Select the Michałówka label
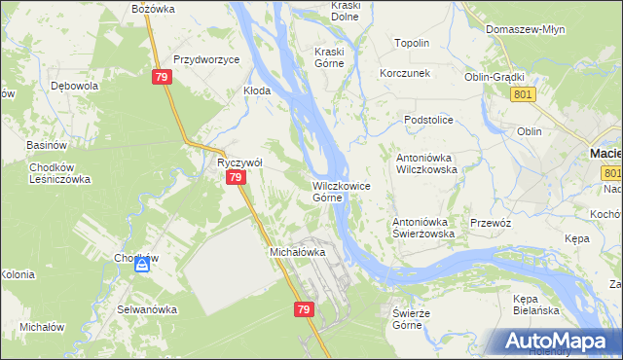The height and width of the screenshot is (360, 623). click(296, 251)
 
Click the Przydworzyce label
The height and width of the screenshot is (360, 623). click(206, 59)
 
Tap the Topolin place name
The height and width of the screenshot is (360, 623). click(412, 44)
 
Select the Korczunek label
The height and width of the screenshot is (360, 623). click(405, 74)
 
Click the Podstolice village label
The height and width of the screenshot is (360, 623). click(429, 119)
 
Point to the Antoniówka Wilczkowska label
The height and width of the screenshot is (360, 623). click(425, 162)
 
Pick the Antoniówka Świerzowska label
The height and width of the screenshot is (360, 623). click(423, 228)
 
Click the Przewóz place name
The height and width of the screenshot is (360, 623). click(491, 222)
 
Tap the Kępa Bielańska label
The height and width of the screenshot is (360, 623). click(536, 304)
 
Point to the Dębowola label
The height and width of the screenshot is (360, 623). click(74, 85)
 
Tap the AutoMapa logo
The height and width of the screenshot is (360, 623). click(558, 340)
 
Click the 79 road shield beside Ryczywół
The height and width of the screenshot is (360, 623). click(235, 179)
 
